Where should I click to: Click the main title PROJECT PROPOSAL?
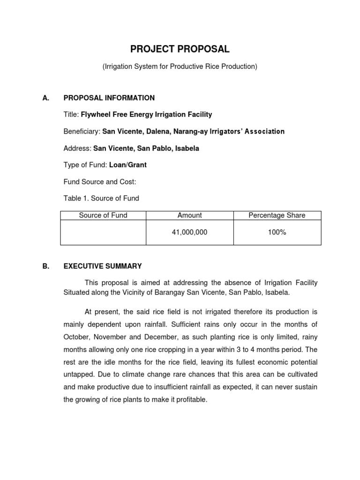click(180, 49)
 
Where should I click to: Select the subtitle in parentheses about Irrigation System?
click(180, 67)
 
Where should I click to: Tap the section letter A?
click(45, 98)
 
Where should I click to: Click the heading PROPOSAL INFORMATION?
click(109, 98)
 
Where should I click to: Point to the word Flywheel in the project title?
click(96, 114)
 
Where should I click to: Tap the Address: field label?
click(77, 148)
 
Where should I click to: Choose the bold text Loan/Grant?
click(128, 165)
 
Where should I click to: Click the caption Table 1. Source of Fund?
click(101, 198)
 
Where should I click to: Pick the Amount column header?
click(189, 215)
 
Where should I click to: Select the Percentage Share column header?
click(277, 215)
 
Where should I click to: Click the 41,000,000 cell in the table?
click(189, 232)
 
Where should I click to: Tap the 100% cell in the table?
click(277, 232)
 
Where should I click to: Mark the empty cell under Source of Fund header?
click(103, 232)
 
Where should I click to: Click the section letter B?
click(45, 266)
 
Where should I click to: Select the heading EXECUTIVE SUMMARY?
click(103, 266)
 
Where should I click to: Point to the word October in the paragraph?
click(76, 337)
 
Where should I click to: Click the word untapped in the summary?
click(78, 374)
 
